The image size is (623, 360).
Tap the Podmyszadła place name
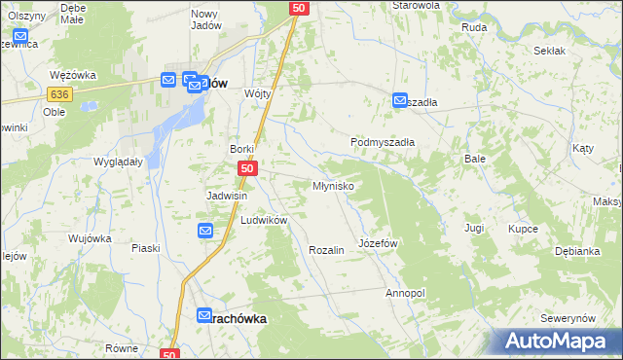tap(383, 142)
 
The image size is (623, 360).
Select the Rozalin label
tap(326, 250)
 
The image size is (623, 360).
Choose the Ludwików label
tap(264, 221)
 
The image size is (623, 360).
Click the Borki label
tap(241, 149)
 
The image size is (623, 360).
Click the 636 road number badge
tap(60, 93)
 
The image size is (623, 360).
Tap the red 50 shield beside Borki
tap(247, 169)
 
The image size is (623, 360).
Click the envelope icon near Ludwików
tap(205, 231)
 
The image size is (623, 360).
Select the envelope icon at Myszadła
tap(400, 99)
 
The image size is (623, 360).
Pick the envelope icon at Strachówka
tap(204, 315)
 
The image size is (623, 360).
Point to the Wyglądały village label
tap(118, 162)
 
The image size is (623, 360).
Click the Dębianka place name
tap(577, 251)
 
